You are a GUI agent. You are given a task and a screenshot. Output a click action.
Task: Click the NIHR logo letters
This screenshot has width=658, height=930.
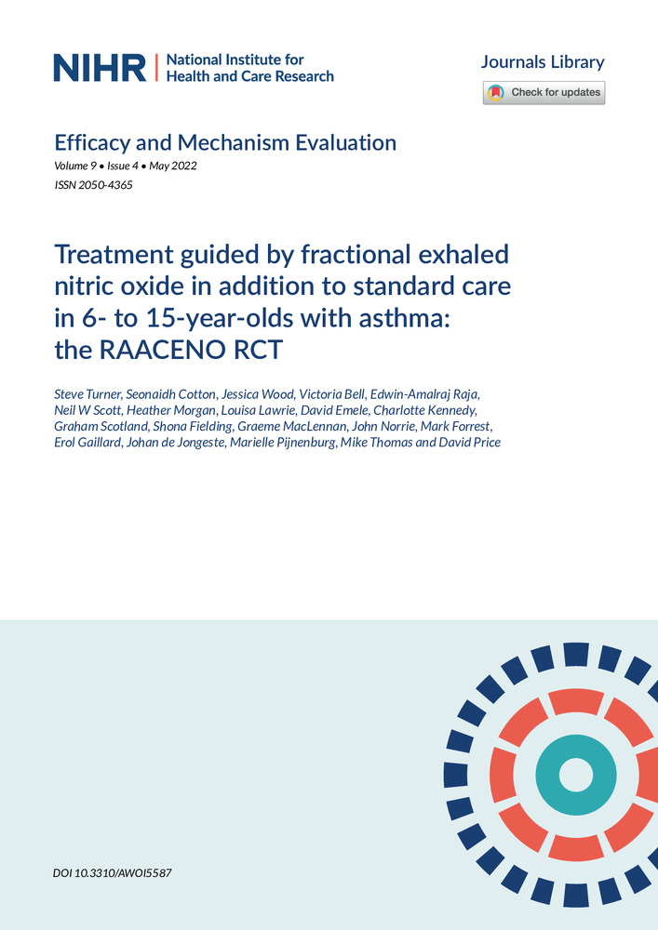(x=100, y=68)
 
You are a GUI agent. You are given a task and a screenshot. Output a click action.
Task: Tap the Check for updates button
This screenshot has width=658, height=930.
(x=544, y=92)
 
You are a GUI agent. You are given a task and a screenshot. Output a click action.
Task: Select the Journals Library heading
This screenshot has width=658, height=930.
(x=543, y=61)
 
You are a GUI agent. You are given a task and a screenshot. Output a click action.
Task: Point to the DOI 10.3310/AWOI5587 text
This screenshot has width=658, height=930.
(x=113, y=873)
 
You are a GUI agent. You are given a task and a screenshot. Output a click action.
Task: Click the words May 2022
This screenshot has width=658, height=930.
(x=173, y=166)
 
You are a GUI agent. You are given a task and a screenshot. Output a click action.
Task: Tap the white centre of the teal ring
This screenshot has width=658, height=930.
(x=576, y=776)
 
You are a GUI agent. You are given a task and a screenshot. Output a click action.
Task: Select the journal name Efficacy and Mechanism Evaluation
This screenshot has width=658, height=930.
(x=225, y=143)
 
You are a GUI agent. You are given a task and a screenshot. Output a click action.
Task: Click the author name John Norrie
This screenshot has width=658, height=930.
(x=383, y=427)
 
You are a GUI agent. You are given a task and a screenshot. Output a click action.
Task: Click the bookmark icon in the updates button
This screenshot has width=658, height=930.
(x=496, y=92)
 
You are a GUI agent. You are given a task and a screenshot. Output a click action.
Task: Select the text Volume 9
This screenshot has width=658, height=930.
(x=75, y=166)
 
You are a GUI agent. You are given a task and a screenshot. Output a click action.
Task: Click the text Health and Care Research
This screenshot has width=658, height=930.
(x=249, y=76)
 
